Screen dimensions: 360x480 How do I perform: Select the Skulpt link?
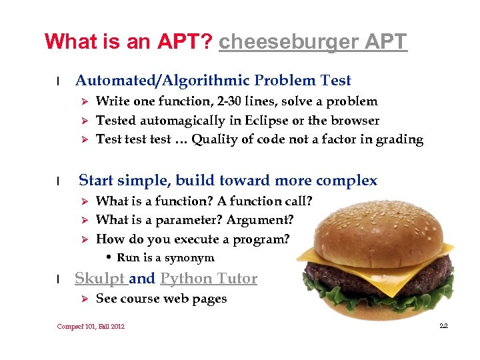[x=99, y=279]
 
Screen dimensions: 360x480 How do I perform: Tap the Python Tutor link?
[x=209, y=279]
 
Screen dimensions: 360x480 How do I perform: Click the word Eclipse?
[x=273, y=121]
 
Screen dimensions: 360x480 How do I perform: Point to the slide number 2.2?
[x=443, y=326]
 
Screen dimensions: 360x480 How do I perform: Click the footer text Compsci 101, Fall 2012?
[x=91, y=326]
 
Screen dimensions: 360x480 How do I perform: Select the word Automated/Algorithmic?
[x=162, y=81]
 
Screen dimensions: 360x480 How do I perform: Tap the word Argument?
[x=260, y=220]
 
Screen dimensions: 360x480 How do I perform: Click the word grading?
[x=398, y=140]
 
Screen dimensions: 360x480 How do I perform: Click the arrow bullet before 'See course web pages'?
[x=84, y=299]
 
